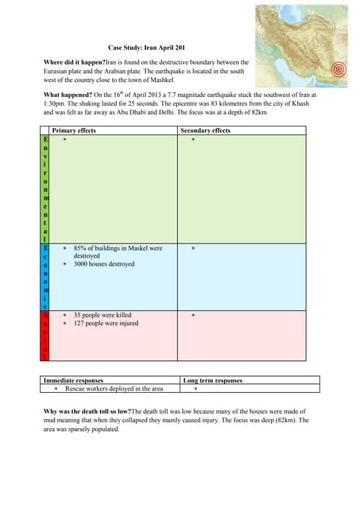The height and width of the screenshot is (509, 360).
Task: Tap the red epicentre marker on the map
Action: (x=340, y=69)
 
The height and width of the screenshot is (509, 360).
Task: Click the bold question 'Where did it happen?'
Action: (x=74, y=62)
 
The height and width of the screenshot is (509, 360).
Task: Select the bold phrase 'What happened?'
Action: (x=69, y=95)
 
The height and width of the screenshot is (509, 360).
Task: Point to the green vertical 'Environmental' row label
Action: (x=45, y=188)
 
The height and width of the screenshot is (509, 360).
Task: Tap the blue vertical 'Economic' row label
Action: (x=45, y=276)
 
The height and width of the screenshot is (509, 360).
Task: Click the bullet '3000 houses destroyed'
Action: (x=104, y=265)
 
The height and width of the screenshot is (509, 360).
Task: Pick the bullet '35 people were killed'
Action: (x=103, y=316)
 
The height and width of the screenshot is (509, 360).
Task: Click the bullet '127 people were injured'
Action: (x=106, y=324)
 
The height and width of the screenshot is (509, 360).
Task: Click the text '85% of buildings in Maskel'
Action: (x=118, y=248)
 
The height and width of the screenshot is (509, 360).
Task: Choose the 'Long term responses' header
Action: (x=212, y=380)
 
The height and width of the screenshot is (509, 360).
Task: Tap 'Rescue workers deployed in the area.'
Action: (x=114, y=389)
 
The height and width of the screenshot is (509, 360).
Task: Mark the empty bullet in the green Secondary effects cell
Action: (x=192, y=139)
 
